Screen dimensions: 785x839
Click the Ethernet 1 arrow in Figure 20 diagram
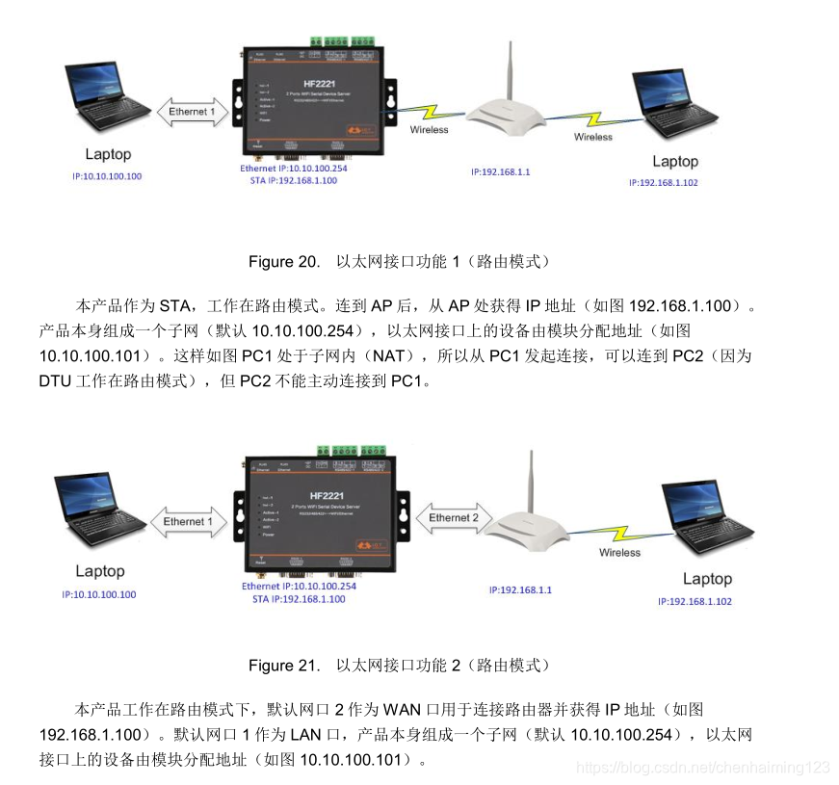tap(192, 113)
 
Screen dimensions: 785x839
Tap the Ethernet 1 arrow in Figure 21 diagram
tap(189, 522)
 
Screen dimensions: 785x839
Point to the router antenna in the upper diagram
tap(509, 70)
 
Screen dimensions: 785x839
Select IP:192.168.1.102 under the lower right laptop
tap(695, 601)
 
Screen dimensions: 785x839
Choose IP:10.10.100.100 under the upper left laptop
tap(106, 176)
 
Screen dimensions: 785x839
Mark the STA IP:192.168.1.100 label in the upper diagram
tap(294, 180)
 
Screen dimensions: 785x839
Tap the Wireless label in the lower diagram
tap(619, 553)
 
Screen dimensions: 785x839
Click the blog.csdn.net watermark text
tap(702, 767)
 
